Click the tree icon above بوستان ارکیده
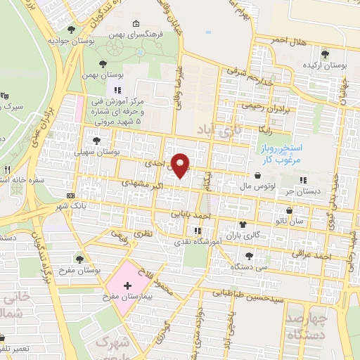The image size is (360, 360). point(325,53)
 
